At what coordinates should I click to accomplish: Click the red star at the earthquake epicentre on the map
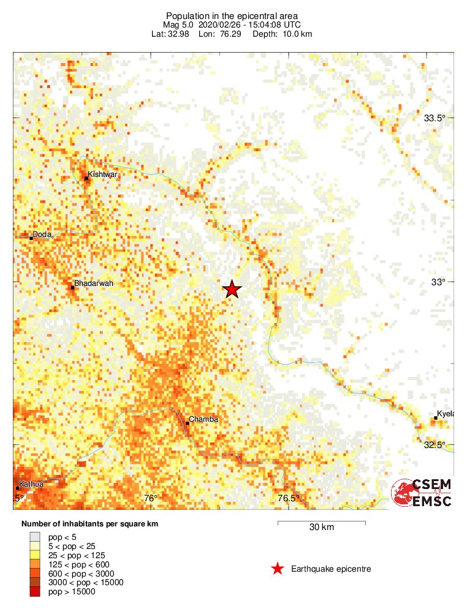pyautogui.click(x=231, y=290)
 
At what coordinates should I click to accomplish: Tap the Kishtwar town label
pyautogui.click(x=102, y=174)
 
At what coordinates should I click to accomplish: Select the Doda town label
pyautogui.click(x=42, y=234)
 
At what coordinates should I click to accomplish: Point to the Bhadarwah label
pyautogui.click(x=93, y=283)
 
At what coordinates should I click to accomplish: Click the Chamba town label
pyautogui.click(x=203, y=419)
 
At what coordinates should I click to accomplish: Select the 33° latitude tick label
pyautogui.click(x=437, y=282)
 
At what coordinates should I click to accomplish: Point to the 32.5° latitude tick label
pyautogui.click(x=435, y=444)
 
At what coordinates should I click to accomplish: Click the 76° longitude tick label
pyautogui.click(x=151, y=498)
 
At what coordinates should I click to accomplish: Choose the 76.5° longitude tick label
pyautogui.click(x=289, y=498)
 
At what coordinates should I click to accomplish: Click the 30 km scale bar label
pyautogui.click(x=321, y=528)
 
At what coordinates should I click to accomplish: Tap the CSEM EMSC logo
pyautogui.click(x=422, y=492)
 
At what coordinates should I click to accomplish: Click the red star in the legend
pyautogui.click(x=277, y=569)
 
